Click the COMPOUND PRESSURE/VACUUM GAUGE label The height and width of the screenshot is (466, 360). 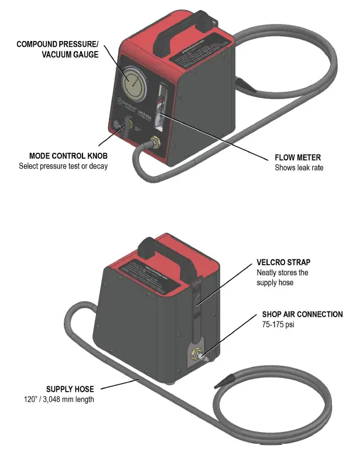(x=57, y=49)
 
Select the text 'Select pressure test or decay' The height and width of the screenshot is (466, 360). (x=63, y=166)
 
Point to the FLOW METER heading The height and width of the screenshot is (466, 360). (x=297, y=157)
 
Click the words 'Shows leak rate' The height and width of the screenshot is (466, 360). (x=299, y=167)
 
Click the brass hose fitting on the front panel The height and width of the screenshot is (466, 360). (x=156, y=142)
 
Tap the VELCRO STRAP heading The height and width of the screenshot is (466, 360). (x=284, y=262)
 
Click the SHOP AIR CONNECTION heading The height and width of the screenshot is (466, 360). (x=302, y=314)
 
